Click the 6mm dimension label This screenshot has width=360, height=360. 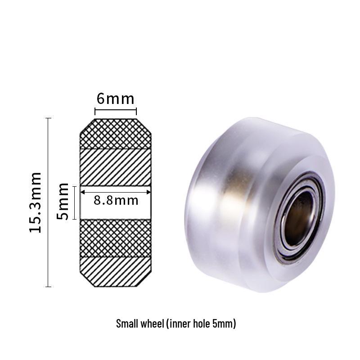[115, 99]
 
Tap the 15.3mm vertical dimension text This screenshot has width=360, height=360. [36, 202]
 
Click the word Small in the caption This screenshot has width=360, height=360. [127, 324]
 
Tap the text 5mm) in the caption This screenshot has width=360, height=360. [225, 324]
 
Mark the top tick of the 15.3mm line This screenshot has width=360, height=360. [48, 118]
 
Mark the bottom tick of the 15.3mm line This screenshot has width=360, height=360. [48, 287]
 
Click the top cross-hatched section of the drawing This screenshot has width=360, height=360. [115, 134]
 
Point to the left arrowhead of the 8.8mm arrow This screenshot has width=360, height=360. [82, 191]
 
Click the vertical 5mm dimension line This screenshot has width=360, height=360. [75, 202]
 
